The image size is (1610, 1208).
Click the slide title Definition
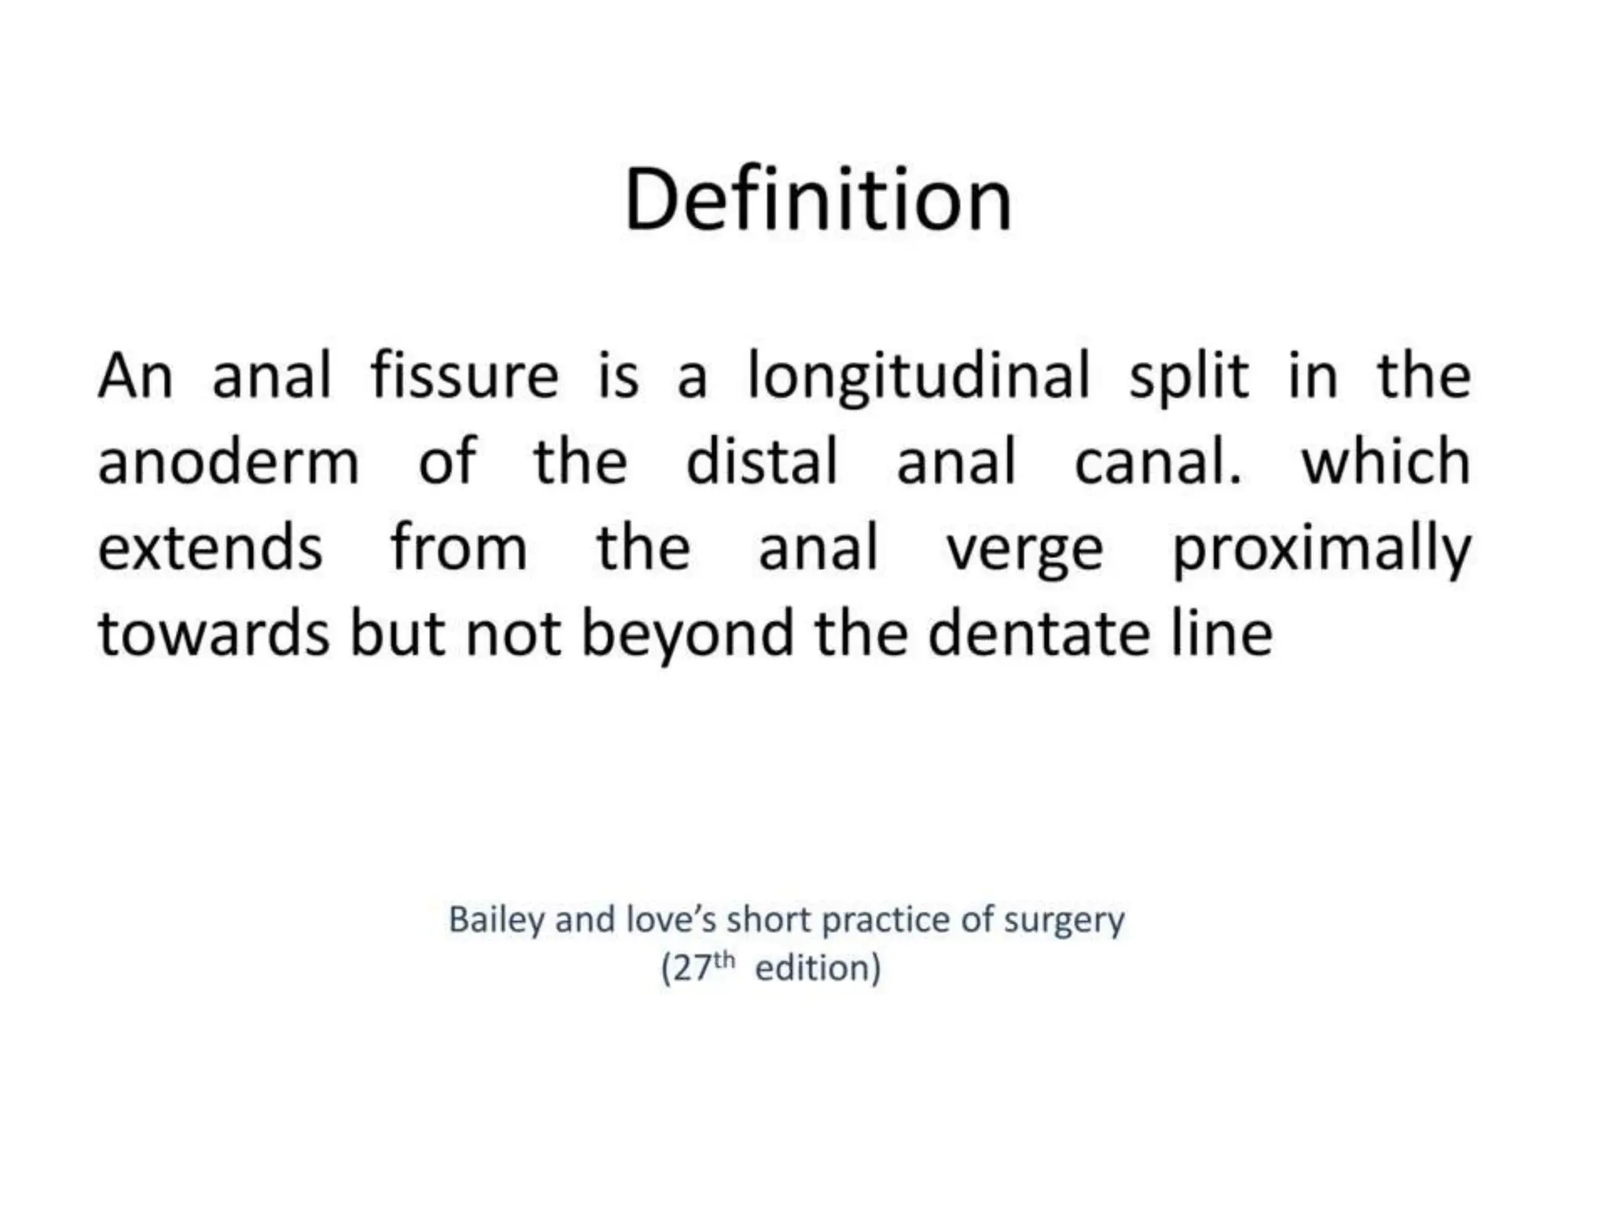pyautogui.click(x=818, y=201)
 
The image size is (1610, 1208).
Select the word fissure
pyautogui.click(x=464, y=377)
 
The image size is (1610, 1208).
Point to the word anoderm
pyautogui.click(x=228, y=463)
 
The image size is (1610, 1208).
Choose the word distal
pyautogui.click(x=762, y=462)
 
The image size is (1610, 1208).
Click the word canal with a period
pyautogui.click(x=1157, y=462)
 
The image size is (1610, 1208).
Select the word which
pyautogui.click(x=1385, y=462)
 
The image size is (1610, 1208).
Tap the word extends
pyautogui.click(x=210, y=548)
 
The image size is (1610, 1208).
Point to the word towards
pyautogui.click(x=213, y=634)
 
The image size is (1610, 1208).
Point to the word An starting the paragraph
pyautogui.click(x=134, y=377)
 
